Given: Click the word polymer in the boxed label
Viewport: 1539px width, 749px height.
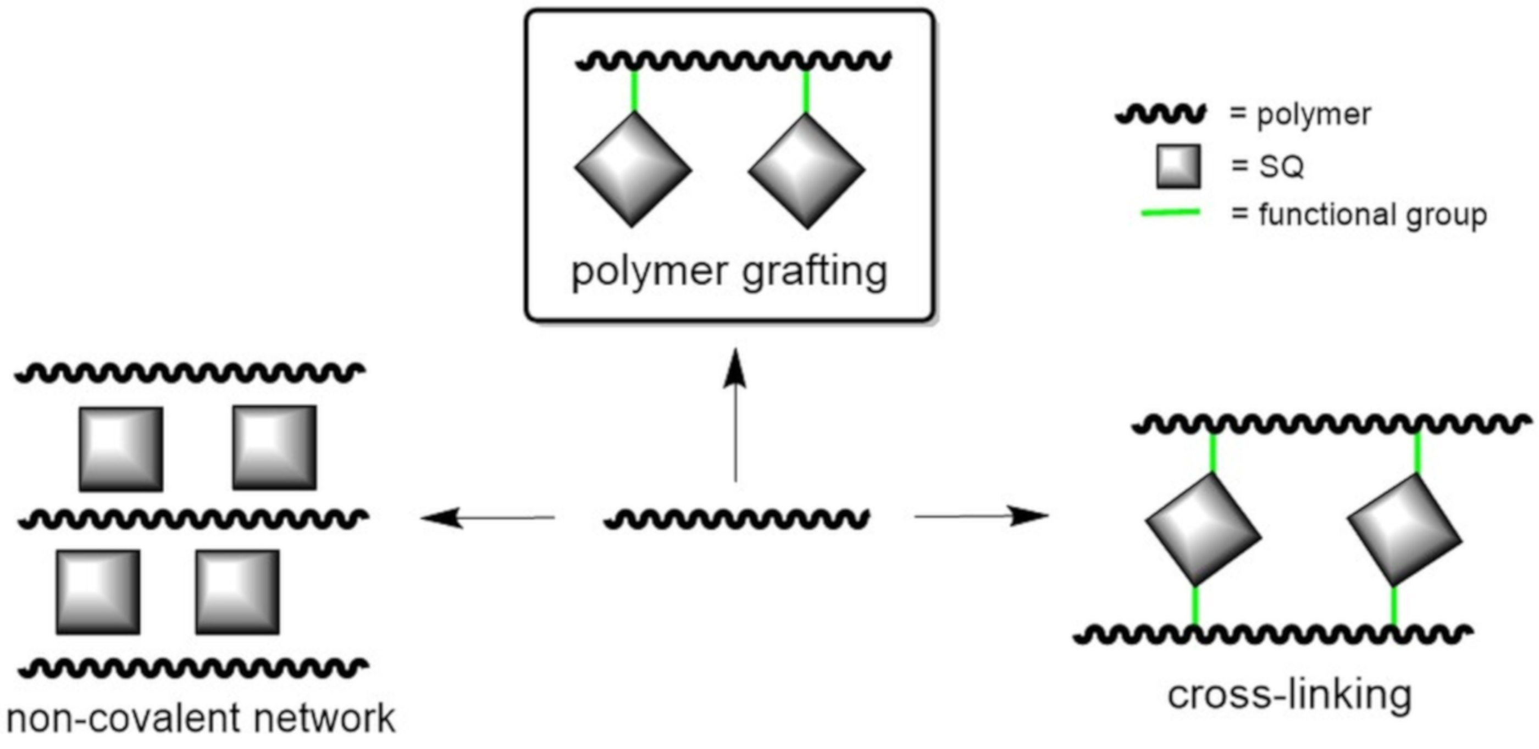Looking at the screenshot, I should tap(650, 273).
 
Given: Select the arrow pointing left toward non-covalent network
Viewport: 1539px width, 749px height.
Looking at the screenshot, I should tap(487, 517).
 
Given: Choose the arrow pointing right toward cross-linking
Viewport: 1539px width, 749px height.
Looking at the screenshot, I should tap(982, 516).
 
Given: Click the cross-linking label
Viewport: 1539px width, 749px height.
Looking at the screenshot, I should tap(1289, 695).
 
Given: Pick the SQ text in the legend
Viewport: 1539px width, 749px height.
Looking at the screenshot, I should tap(1282, 166).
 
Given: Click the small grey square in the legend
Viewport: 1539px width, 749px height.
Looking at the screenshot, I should tap(1178, 167).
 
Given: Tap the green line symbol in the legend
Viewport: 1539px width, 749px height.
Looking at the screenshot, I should tap(1170, 213).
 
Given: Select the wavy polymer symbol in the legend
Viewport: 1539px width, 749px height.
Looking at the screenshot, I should tap(1160, 114).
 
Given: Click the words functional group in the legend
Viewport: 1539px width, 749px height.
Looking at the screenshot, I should tap(1373, 215).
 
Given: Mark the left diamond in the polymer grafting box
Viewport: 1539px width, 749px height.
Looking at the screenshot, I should tap(633, 170).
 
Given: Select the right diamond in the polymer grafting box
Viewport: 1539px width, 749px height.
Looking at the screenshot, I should tap(806, 171).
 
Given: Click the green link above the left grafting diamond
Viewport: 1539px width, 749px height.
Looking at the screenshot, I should tap(634, 91).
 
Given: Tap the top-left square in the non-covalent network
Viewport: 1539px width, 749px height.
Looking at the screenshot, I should tap(121, 449).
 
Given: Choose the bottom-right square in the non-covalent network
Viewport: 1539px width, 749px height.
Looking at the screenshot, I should tap(237, 592).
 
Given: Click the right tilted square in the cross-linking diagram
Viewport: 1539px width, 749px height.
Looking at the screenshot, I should tap(1404, 529).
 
